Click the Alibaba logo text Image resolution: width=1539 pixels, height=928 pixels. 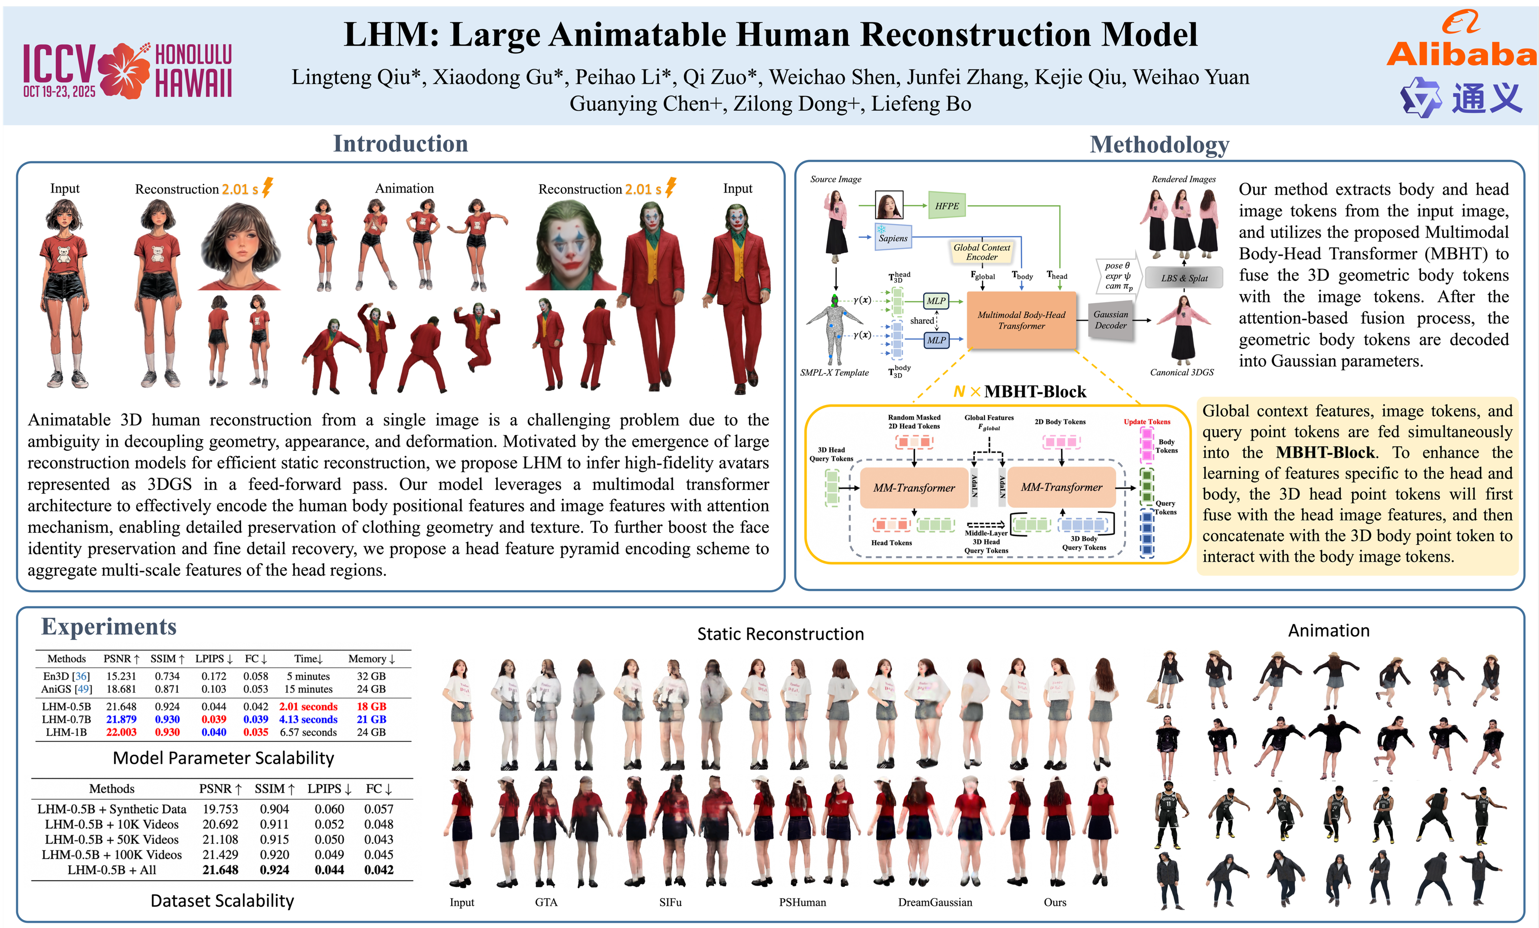1460,54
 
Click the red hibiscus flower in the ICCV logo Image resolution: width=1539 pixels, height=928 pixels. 124,71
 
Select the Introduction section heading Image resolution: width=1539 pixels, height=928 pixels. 400,144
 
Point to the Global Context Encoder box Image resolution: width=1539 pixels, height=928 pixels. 981,252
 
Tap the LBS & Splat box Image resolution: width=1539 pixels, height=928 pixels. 1184,278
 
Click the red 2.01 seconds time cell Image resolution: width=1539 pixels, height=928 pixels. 308,706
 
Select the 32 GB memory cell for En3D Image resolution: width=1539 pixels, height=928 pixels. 371,676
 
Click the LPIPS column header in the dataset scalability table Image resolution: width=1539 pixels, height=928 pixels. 329,789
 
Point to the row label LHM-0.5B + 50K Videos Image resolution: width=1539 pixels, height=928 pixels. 111,839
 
